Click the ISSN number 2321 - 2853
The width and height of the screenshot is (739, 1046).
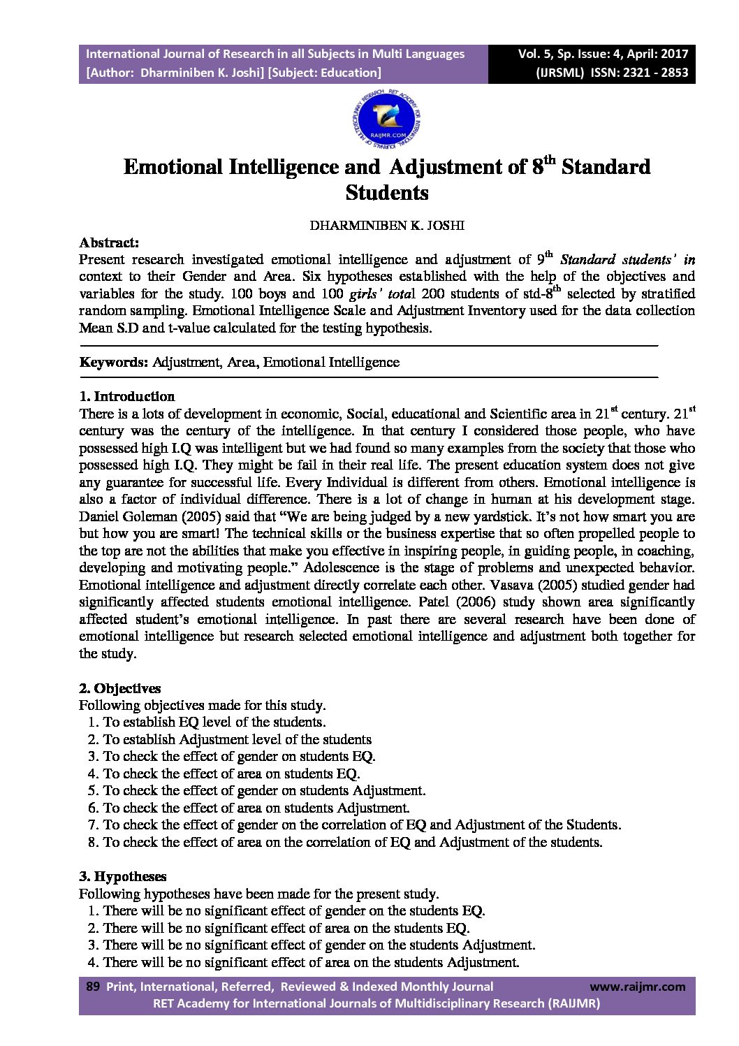[x=653, y=72]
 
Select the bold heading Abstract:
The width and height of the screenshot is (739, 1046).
[x=109, y=242]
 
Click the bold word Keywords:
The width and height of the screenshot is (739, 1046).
[x=114, y=362]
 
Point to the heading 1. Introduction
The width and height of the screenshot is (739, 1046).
[x=126, y=396]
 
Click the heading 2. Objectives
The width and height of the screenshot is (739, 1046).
[x=119, y=688]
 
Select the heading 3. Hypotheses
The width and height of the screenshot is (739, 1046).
[x=122, y=876]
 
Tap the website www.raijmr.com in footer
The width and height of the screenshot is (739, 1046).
[x=637, y=987]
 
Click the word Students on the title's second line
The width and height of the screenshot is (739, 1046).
[x=386, y=192]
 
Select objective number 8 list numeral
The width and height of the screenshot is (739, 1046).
[x=93, y=842]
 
